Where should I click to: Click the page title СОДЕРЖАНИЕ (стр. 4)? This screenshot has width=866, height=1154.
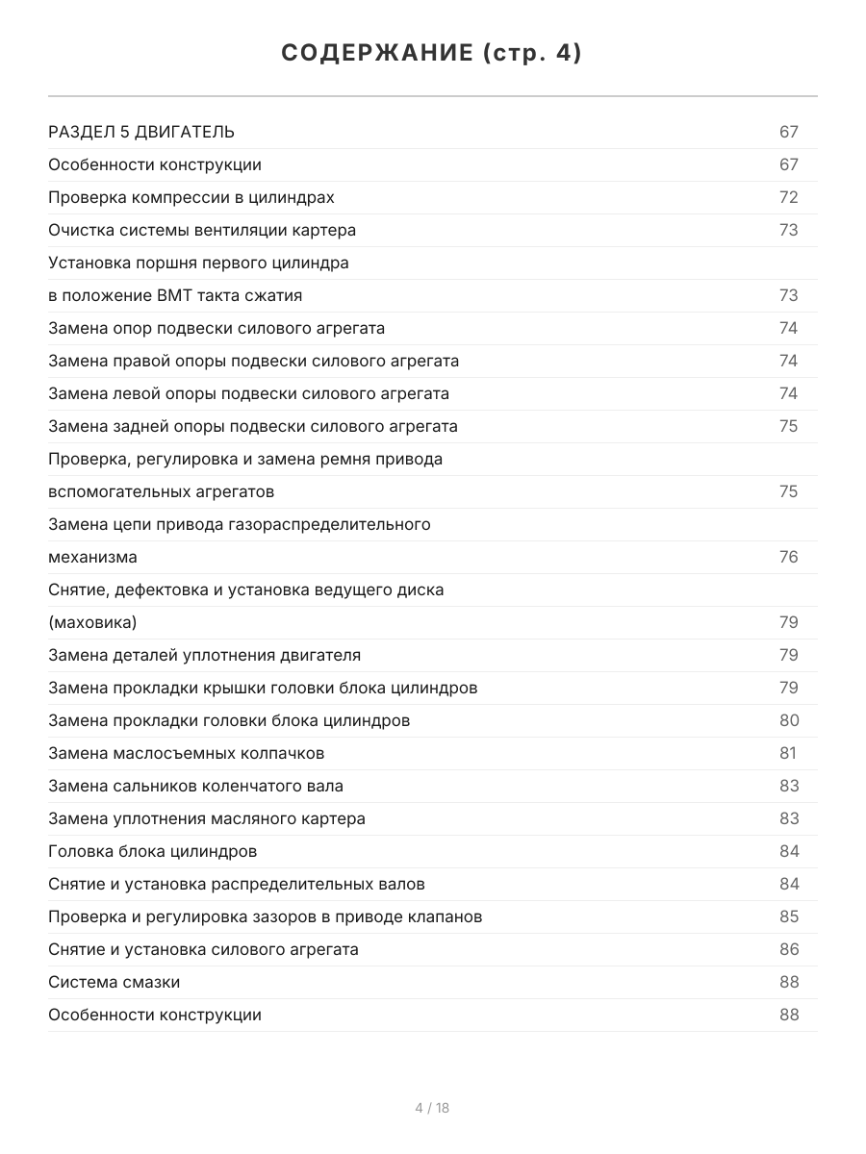click(432, 54)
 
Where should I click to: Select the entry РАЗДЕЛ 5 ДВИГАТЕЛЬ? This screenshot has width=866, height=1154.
click(141, 132)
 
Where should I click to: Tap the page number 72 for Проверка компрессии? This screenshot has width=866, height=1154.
click(788, 197)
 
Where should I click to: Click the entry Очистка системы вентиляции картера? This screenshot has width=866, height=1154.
click(202, 230)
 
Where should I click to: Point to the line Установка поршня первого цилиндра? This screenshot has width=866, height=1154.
click(198, 263)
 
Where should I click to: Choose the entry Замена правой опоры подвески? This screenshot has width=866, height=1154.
click(253, 361)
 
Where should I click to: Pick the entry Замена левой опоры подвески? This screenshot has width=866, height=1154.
click(248, 393)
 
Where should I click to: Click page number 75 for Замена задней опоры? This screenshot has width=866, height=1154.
click(788, 426)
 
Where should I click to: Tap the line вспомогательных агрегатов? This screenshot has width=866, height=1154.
click(161, 491)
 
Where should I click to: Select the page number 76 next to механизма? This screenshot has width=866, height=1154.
click(788, 557)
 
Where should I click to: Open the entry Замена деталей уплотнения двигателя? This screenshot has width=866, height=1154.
click(204, 655)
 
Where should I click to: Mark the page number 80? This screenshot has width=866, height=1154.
click(788, 720)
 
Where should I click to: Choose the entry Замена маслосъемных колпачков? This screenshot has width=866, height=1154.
click(186, 753)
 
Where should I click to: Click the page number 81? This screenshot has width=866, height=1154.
click(787, 753)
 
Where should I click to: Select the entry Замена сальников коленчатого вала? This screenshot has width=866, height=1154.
click(195, 786)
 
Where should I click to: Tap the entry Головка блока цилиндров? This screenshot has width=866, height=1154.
click(152, 851)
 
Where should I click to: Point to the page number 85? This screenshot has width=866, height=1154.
click(788, 916)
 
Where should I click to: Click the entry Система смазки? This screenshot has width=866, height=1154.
click(114, 982)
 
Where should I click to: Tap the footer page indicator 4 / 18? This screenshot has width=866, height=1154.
click(432, 1108)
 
